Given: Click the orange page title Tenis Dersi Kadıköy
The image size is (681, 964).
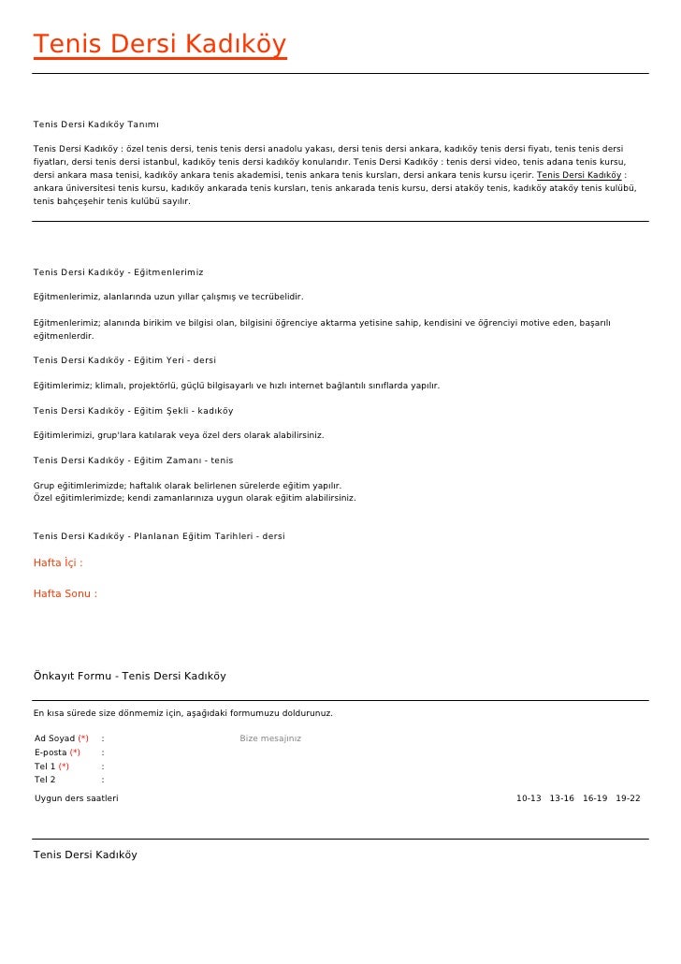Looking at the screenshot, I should (x=159, y=44).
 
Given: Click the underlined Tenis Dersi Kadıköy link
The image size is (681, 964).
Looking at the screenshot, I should (x=579, y=174).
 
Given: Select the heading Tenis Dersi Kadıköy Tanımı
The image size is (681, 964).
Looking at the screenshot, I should (x=95, y=124).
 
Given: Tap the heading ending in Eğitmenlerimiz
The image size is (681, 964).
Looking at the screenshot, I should (x=118, y=272).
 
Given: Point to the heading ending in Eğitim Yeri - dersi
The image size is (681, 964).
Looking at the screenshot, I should (x=124, y=360).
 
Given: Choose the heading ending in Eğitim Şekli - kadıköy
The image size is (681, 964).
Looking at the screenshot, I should (x=133, y=411).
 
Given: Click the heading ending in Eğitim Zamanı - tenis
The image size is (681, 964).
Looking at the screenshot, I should (x=133, y=460).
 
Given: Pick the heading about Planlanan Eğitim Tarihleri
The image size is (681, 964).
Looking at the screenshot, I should (x=159, y=536).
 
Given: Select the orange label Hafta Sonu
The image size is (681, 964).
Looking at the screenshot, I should (x=65, y=593).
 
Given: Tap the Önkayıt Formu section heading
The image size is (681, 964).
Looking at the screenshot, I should (x=129, y=676).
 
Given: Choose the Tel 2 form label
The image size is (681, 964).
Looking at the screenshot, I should (x=45, y=780).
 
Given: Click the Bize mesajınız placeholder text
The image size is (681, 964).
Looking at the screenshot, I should (x=270, y=738).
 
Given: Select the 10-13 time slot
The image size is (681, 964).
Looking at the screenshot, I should (x=529, y=798).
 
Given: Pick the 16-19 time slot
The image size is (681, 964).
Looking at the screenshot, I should (x=594, y=798).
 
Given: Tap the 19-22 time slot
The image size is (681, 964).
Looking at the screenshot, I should (x=628, y=798).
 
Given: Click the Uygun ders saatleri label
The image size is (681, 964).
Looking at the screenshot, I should (x=76, y=798).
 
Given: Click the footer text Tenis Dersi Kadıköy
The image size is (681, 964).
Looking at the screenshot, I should (x=85, y=854).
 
